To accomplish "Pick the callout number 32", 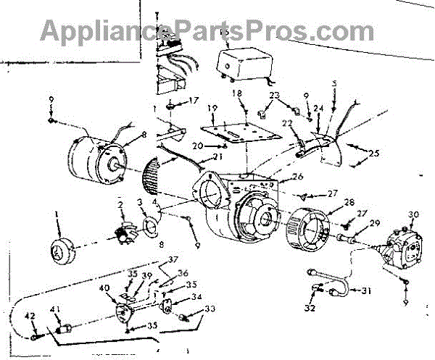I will [310, 307].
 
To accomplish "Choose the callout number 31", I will [366, 291].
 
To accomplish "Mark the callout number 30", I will [414, 214].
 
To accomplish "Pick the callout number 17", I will [194, 100].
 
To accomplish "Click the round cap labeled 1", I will [61, 251].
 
